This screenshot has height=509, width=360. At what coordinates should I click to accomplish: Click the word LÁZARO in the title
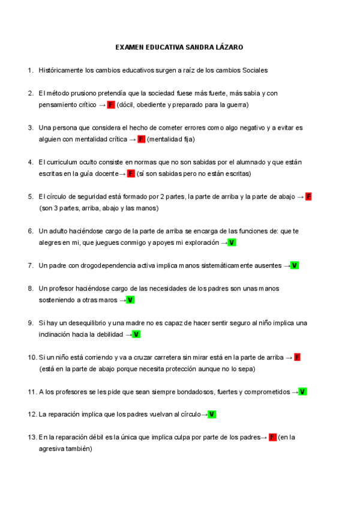click(x=230, y=47)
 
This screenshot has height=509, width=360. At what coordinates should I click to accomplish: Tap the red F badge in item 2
click(x=111, y=105)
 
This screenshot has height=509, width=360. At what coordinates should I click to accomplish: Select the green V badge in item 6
click(x=232, y=242)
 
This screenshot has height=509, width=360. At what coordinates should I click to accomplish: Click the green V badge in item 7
click(x=295, y=265)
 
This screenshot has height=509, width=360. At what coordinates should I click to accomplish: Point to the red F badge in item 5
click(x=308, y=197)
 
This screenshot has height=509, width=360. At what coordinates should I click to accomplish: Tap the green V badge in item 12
click(x=212, y=414)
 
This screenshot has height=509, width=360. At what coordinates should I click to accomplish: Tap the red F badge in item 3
click(x=142, y=139)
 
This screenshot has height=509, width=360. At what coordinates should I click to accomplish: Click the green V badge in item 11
click(x=302, y=392)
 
